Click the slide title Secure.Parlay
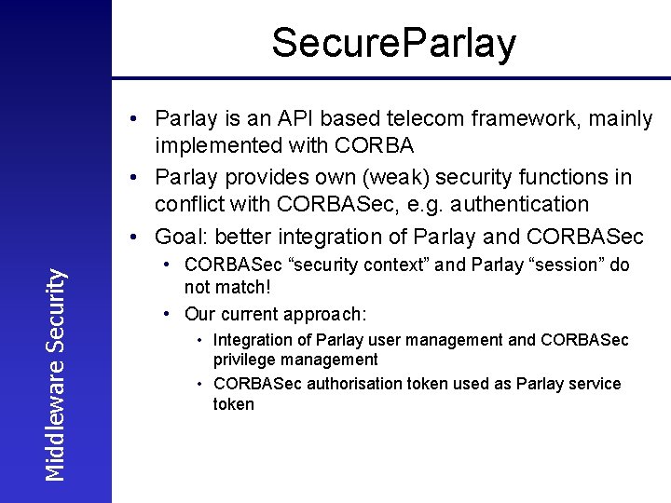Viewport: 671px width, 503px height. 393,43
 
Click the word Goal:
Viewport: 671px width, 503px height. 183,237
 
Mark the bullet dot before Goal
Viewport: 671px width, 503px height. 137,237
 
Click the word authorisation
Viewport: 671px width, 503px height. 343,384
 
